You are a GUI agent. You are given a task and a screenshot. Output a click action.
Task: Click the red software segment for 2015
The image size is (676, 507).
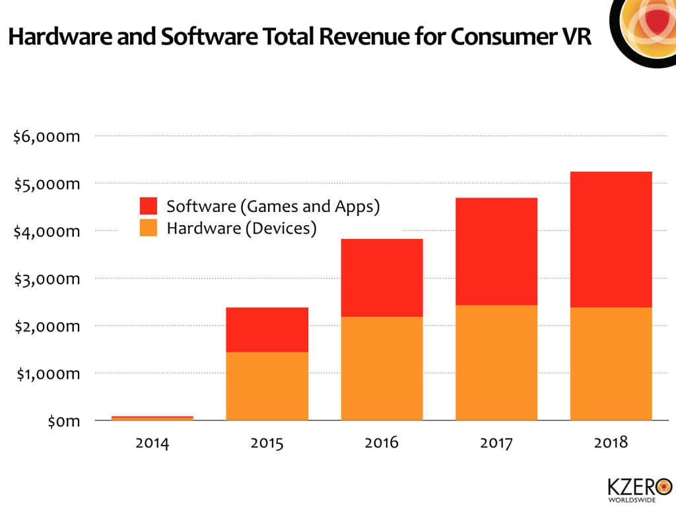(267, 329)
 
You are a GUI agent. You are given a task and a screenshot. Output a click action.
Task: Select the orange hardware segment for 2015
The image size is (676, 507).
(267, 386)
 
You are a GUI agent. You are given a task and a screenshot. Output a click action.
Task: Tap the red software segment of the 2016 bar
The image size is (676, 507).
(382, 277)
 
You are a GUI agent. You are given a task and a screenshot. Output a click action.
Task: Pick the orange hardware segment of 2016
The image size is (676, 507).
(382, 368)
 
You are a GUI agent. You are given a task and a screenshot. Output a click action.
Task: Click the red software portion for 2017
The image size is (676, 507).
(496, 251)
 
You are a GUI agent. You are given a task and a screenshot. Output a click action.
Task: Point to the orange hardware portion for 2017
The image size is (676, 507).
(496, 362)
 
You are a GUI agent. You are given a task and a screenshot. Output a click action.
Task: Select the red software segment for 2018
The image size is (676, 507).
(611, 239)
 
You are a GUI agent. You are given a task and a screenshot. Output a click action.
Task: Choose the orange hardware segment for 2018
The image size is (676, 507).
(611, 364)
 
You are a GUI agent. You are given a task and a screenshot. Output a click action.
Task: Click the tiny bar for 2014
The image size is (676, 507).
(152, 418)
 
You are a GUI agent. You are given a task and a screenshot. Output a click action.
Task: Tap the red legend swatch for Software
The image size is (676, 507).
(149, 206)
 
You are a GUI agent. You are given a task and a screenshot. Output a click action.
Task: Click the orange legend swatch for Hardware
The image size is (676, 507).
(149, 228)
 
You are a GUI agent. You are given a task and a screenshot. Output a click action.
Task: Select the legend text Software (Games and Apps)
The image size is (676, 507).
(273, 206)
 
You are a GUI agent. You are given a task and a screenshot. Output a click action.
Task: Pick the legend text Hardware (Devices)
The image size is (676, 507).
(242, 228)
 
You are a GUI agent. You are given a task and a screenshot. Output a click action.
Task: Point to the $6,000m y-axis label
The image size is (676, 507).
(47, 137)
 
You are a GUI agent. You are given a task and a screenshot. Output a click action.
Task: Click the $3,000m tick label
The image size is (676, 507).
(47, 279)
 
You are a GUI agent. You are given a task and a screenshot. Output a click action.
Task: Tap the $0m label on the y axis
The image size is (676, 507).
(64, 421)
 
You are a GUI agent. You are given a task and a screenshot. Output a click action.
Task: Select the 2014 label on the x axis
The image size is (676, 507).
(152, 442)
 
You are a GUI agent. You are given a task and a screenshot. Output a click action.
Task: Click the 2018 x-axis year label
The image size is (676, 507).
(611, 442)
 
